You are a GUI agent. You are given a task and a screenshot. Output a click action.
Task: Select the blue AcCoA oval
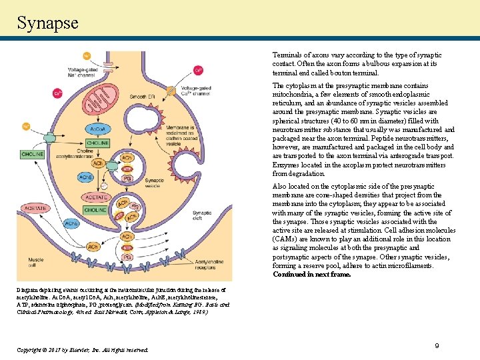[x=97, y=127]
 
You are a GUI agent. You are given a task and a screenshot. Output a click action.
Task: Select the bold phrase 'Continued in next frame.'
[x=311, y=274]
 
